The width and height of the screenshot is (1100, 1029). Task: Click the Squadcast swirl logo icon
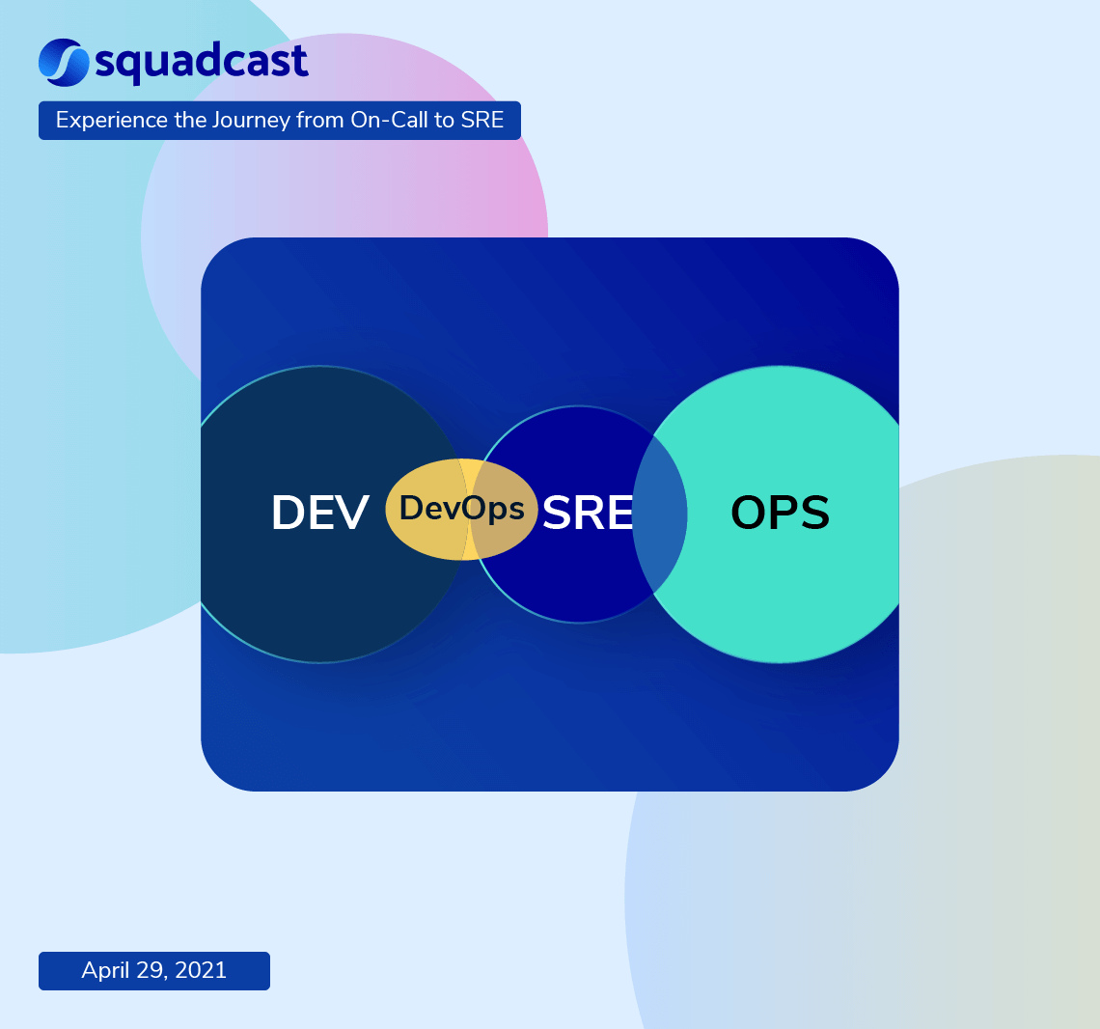click(x=64, y=61)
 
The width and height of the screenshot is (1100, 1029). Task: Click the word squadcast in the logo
click(x=202, y=63)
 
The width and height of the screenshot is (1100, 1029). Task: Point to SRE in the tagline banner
click(x=483, y=121)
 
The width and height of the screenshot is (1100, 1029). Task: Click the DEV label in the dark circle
click(x=319, y=513)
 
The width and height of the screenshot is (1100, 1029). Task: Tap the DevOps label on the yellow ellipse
click(x=461, y=508)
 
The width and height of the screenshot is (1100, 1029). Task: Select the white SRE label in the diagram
click(x=587, y=513)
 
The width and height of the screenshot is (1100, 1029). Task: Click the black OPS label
click(x=780, y=513)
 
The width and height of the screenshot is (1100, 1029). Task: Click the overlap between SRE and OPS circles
click(x=660, y=514)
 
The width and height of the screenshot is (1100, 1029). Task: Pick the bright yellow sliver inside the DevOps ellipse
click(x=470, y=473)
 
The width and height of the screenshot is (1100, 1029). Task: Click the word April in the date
click(x=105, y=970)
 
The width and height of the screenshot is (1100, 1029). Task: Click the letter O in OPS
click(x=749, y=513)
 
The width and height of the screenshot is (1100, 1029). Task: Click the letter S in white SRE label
click(x=558, y=513)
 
